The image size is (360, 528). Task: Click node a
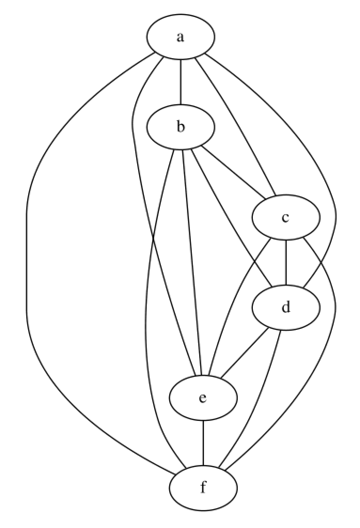pos(181,37)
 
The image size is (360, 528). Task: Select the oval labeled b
pos(181,127)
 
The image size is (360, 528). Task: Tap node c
pos(286,217)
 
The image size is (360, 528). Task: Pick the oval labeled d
pos(286,308)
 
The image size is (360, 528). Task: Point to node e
pos(203,398)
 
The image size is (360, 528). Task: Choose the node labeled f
pos(203,488)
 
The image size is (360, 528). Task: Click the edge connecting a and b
pos(181,82)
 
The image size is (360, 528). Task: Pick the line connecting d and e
pos(245,352)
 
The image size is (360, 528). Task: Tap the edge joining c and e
pos(235,305)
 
